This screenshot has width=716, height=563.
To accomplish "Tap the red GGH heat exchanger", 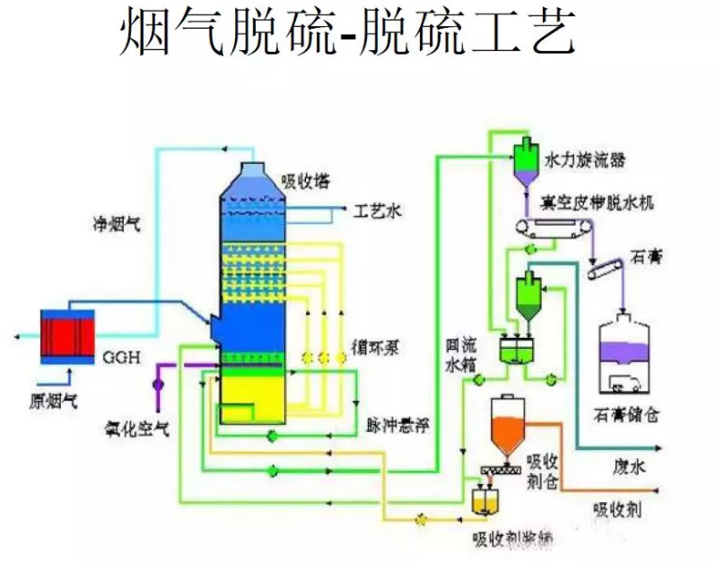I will tap(67, 336).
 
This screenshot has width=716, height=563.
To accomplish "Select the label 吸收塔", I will tap(304, 181).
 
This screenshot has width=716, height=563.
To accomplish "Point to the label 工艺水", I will tap(378, 212).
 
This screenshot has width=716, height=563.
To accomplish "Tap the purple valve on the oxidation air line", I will tap(158, 384).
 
